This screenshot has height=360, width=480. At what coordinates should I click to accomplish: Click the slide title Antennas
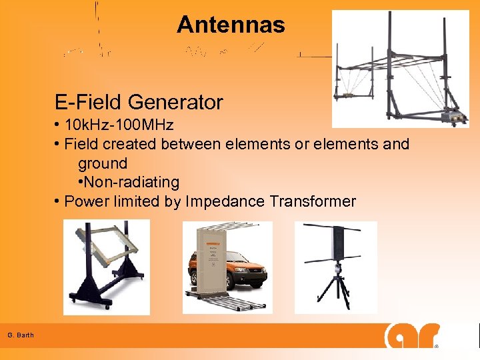click(231, 25)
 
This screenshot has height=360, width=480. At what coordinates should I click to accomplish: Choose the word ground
click(102, 163)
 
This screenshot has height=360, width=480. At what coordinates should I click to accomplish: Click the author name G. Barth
click(21, 335)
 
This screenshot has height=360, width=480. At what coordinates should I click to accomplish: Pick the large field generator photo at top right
click(400, 69)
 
